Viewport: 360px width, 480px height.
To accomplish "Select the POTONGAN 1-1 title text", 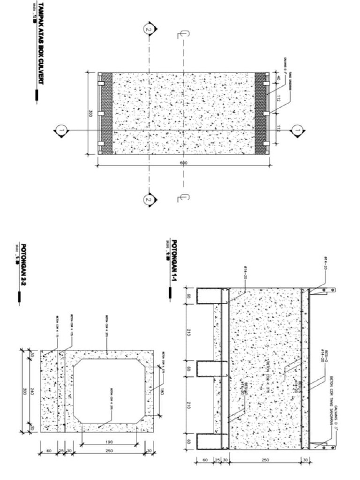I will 174,261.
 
